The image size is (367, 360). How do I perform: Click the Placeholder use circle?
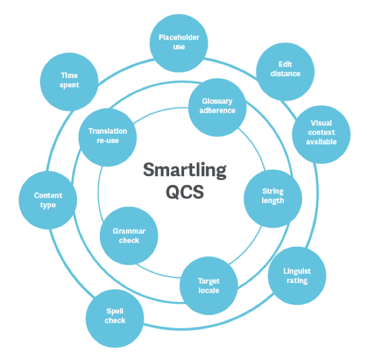(x=178, y=42)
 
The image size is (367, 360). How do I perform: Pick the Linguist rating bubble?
(x=296, y=276)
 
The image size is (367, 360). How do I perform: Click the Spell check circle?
(x=115, y=316)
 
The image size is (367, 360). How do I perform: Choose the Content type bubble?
(x=48, y=200)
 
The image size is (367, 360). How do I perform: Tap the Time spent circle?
(x=69, y=80)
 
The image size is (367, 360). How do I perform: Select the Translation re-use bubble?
(x=107, y=136)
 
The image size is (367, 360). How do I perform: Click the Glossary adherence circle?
(x=217, y=106)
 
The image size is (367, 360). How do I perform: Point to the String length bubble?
(x=272, y=196)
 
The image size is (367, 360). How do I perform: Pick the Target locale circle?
(x=209, y=285)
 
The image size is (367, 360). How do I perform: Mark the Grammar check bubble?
(x=129, y=235)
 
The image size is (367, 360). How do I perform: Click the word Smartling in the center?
(x=184, y=171)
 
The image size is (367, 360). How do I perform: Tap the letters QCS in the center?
(x=184, y=192)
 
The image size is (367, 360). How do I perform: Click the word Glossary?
(x=217, y=102)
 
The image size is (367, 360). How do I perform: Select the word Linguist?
(x=297, y=272)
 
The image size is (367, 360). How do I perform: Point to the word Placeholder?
(x=178, y=38)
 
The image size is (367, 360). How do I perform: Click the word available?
(x=321, y=142)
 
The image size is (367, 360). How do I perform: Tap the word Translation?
(x=108, y=131)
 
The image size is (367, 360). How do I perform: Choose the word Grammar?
(x=129, y=231)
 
